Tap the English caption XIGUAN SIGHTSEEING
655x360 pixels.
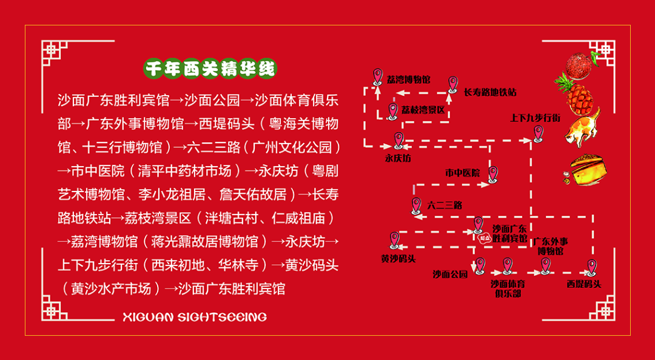pyautogui.click(x=194, y=317)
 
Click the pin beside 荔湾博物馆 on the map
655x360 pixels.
pyautogui.click(x=378, y=76)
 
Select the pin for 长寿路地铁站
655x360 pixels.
pyautogui.click(x=452, y=84)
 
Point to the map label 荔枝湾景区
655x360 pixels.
pyautogui.click(x=423, y=110)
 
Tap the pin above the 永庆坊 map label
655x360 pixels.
pyautogui.click(x=398, y=140)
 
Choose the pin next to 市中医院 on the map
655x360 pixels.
pyautogui.click(x=493, y=174)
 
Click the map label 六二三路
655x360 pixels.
pyautogui.click(x=445, y=205)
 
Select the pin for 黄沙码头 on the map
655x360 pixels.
pyautogui.click(x=395, y=239)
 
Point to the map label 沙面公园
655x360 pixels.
pyautogui.click(x=450, y=275)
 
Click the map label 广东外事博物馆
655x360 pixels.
pyautogui.click(x=551, y=246)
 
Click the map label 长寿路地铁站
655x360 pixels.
pyautogui.click(x=490, y=93)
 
